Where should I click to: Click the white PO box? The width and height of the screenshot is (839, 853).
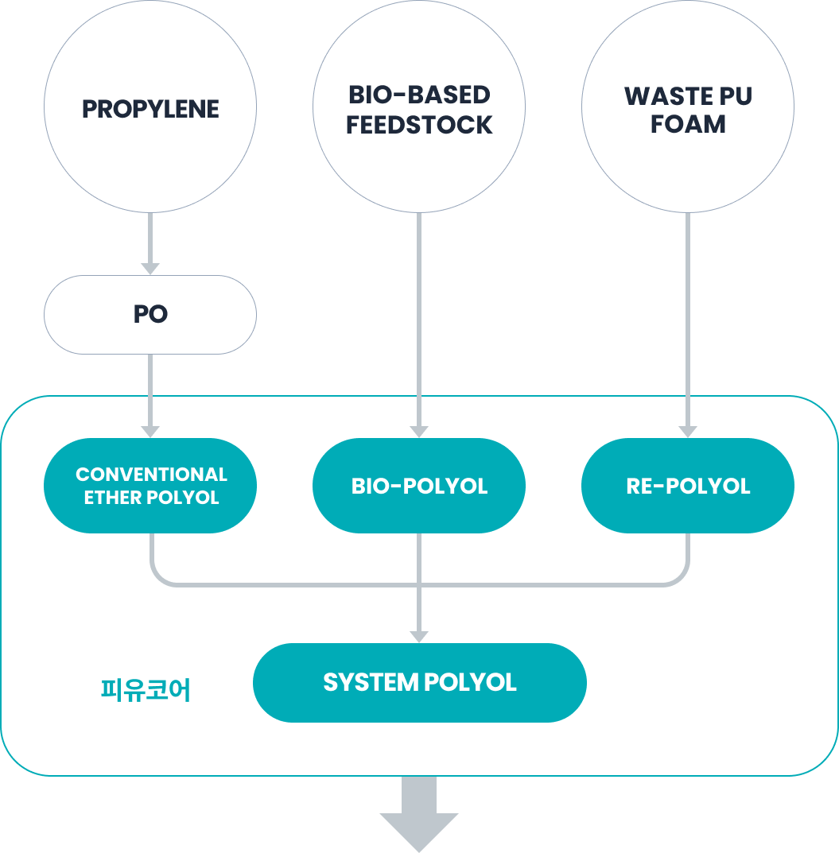(150, 315)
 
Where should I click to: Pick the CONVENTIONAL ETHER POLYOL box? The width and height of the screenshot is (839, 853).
(150, 486)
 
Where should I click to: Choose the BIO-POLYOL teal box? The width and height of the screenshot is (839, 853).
(419, 486)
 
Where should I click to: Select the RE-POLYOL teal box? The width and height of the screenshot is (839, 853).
(688, 486)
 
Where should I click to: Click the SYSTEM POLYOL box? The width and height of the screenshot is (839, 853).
(419, 683)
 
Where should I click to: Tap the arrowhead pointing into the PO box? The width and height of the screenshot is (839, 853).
(150, 269)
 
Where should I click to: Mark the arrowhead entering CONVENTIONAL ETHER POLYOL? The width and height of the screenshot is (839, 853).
(150, 432)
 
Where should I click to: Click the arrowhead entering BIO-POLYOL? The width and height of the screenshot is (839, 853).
(419, 432)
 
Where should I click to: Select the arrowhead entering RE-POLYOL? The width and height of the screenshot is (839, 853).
(688, 432)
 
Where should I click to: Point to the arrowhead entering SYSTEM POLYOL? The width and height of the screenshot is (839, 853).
(419, 636)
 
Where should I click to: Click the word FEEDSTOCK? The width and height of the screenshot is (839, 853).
(419, 125)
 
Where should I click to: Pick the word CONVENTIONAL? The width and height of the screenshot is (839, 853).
(151, 475)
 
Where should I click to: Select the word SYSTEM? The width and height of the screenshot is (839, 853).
(371, 683)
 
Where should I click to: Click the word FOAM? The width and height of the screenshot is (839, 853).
(688, 125)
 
